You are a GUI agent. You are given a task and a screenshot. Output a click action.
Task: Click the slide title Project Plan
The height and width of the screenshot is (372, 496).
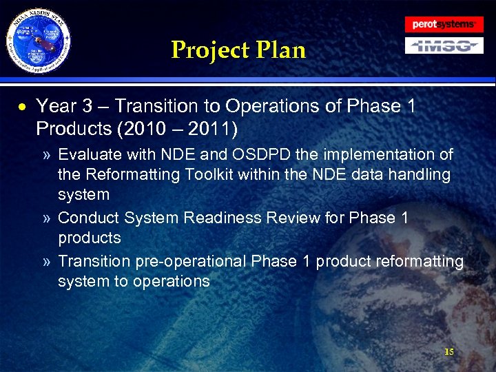(238, 50)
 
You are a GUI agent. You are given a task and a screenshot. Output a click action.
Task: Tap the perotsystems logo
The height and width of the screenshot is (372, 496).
(444, 24)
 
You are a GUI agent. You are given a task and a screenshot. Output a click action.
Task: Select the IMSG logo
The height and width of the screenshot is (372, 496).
(444, 46)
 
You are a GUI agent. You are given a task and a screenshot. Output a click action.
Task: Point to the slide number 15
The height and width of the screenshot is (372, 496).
(449, 352)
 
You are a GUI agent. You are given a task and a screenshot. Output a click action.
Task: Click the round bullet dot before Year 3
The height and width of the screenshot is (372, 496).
(23, 107)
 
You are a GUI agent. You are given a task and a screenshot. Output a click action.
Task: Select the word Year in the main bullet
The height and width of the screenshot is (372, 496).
(57, 107)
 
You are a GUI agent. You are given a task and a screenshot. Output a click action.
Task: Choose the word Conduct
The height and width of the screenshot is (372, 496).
(88, 218)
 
